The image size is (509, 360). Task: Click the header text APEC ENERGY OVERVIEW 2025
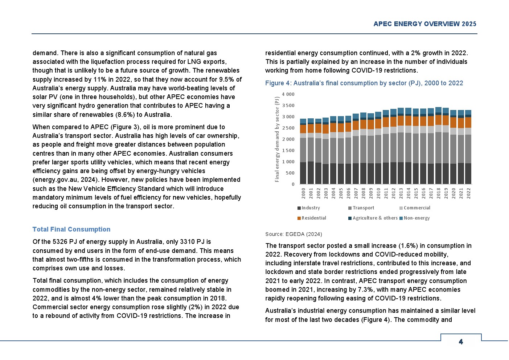[424, 24]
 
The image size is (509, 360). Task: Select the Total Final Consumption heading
[71, 229]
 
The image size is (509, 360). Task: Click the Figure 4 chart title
[364, 83]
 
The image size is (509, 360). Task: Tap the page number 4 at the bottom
[461, 342]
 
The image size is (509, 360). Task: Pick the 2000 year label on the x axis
[304, 193]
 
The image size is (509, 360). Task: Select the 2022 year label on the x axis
[468, 193]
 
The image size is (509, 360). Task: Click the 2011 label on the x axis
[386, 193]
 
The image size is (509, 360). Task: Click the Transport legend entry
[363, 208]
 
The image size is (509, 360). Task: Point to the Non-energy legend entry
[416, 218]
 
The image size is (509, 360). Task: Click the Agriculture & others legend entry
[375, 218]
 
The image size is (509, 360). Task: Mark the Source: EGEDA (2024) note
[294, 234]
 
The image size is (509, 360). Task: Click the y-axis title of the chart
[277, 139]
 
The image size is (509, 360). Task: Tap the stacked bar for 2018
[438, 146]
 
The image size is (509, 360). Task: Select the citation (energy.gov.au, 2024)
[65, 180]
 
